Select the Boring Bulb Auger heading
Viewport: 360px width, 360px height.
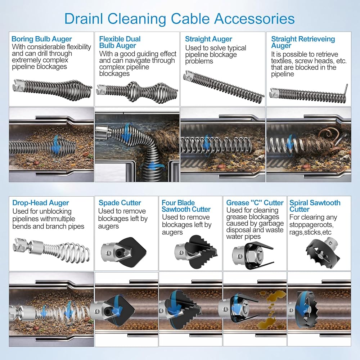pos(42,39)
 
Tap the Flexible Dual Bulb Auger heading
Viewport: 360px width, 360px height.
pos(120,42)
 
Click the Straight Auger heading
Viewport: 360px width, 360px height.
pos(208,39)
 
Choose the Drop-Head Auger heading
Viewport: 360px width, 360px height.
pos(41,203)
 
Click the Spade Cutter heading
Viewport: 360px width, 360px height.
pos(120,203)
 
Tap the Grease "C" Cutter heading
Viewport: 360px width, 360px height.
pos(255,203)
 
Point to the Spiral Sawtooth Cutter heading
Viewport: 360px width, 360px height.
pos(315,206)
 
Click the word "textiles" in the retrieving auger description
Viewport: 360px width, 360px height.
pos(282,61)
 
